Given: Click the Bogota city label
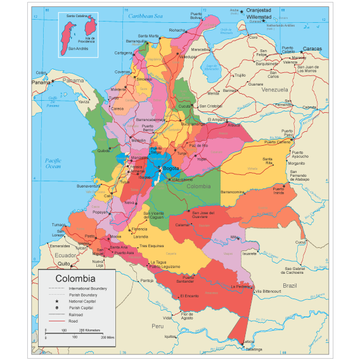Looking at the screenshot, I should [171, 169].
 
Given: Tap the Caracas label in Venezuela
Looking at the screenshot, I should [311, 49].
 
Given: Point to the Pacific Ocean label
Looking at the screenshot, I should [53, 164].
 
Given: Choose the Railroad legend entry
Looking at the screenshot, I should [75, 314].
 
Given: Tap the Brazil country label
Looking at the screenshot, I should [290, 286].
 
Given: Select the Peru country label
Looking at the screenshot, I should [157, 325].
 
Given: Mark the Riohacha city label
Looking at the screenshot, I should [177, 30].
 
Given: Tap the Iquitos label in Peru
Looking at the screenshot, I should [170, 337].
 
